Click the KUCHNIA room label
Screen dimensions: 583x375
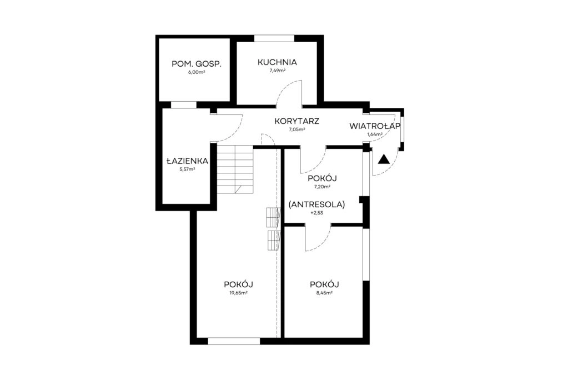(278, 62)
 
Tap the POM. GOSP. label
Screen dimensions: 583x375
(197, 64)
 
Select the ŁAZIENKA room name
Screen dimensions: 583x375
(187, 161)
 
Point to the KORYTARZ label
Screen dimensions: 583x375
(296, 121)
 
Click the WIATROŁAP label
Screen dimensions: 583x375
(375, 126)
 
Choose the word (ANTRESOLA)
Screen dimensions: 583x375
(317, 204)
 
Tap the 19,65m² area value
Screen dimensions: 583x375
(238, 293)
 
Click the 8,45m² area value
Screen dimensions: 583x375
(324, 293)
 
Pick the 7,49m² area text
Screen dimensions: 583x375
(278, 71)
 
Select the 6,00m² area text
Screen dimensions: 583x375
(197, 72)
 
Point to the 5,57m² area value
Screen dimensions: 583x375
(187, 169)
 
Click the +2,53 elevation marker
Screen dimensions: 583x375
(317, 213)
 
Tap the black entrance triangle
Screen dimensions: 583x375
(384, 160)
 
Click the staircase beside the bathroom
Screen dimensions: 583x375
(235, 169)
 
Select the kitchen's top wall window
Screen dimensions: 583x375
(274, 38)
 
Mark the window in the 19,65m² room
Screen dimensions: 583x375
(234, 341)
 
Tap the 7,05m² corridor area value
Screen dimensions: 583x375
(296, 129)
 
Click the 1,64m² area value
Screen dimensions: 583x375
(375, 134)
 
